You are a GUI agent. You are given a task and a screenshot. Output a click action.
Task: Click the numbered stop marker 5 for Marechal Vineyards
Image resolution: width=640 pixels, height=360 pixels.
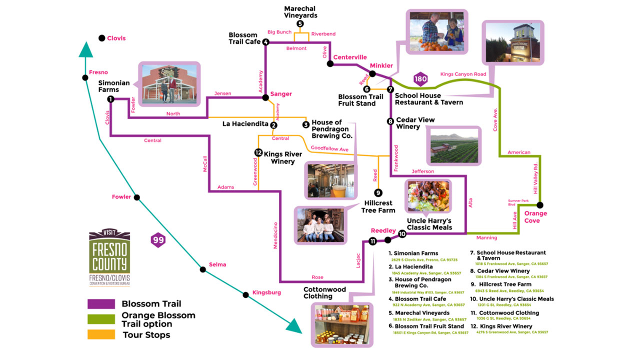[300, 23]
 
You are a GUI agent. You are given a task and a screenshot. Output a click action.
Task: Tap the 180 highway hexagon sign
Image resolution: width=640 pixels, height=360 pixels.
[420, 78]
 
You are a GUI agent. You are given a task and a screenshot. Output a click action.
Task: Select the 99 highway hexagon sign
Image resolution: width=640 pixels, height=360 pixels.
[158, 240]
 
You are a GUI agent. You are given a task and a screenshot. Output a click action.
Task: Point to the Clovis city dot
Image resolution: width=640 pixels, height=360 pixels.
[102, 38]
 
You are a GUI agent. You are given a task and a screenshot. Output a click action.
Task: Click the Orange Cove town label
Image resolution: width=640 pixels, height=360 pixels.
[535, 217]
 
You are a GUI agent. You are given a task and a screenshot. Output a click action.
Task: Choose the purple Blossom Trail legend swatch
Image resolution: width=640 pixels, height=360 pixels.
[101, 304]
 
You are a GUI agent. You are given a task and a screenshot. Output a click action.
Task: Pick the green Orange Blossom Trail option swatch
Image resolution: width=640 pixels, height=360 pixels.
[101, 319]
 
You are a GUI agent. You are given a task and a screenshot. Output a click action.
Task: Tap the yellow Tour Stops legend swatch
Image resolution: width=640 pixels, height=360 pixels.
[101, 334]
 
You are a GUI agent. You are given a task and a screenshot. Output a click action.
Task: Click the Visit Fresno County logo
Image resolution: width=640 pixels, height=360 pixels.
[109, 258]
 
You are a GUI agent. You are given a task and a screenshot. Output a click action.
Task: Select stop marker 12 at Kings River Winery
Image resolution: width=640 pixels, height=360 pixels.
[258, 152]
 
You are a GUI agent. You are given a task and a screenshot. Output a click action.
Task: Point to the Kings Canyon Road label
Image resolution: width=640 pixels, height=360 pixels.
[463, 74]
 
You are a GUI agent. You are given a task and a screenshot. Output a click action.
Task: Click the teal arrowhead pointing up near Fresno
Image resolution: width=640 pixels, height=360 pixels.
[86, 50]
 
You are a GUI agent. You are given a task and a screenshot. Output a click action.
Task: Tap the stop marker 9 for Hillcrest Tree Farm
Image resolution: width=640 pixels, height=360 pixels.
[378, 192]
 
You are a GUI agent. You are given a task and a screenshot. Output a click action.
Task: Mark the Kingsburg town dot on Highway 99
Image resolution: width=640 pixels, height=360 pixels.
[246, 294]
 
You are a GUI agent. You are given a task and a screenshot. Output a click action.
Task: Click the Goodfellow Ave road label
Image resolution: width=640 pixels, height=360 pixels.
[329, 148]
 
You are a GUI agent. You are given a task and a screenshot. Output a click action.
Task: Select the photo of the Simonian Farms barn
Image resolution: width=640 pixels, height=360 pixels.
[169, 84]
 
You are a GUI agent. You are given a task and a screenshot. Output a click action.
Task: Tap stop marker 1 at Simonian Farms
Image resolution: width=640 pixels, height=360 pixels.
[110, 99]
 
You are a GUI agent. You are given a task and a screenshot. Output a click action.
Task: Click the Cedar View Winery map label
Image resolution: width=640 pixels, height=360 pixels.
[415, 123]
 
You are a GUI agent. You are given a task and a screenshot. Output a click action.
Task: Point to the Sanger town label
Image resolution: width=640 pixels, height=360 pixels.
[281, 94]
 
